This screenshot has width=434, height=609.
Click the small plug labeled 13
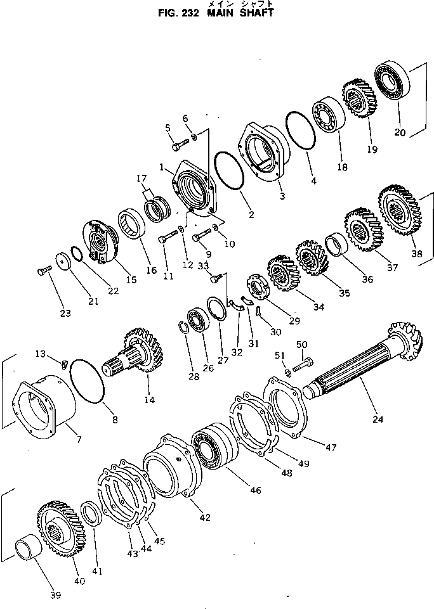pos(63,364)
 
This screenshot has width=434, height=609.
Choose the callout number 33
pos(203,266)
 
